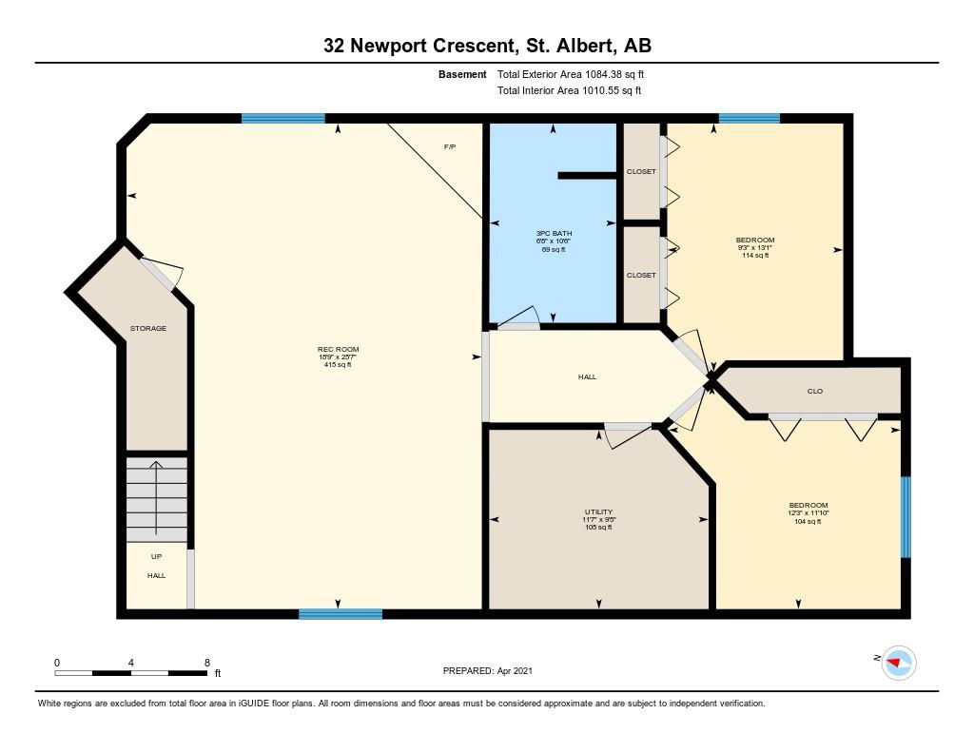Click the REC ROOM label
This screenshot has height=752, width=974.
[x=338, y=350]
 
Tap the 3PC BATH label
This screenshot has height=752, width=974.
[x=554, y=234]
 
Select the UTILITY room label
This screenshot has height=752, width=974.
[x=599, y=512]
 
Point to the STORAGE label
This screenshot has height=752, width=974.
[x=147, y=329]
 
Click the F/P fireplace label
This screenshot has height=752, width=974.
[x=450, y=147]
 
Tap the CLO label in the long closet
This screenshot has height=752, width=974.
[x=815, y=392]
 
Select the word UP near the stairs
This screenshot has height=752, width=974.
[x=157, y=557]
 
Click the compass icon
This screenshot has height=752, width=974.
[x=899, y=663]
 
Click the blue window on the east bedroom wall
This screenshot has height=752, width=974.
[x=906, y=517]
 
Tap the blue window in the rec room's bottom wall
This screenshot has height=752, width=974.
[x=341, y=614]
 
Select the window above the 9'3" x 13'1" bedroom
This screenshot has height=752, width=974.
[x=750, y=118]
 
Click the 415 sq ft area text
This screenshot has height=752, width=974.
[x=338, y=365]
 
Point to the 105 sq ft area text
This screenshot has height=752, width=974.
[x=599, y=528]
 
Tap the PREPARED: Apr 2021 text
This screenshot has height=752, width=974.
[x=488, y=670]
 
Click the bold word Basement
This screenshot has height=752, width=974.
[x=462, y=74]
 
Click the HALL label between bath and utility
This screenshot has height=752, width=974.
[x=587, y=376]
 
